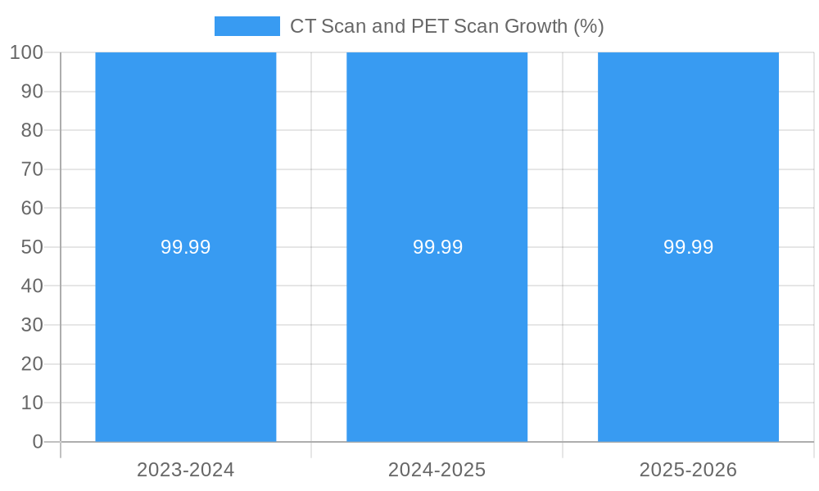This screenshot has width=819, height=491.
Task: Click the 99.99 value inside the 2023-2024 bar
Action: (186, 247)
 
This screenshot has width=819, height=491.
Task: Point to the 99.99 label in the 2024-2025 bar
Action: (437, 247)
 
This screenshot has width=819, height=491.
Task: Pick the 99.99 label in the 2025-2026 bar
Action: (688, 247)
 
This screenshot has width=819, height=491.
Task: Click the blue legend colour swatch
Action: (247, 26)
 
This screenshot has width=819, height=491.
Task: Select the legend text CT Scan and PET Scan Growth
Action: (446, 26)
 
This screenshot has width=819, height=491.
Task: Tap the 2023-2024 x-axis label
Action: (186, 470)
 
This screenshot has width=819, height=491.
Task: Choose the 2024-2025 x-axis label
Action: (437, 470)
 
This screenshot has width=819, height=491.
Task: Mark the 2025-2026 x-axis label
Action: (688, 470)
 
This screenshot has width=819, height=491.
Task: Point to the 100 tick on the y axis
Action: (26, 52)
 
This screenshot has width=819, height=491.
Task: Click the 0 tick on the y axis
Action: (38, 442)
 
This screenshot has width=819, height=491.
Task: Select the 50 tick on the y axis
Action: (32, 247)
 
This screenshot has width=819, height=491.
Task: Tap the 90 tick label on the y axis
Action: (32, 92)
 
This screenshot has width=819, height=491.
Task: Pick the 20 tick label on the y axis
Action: (32, 364)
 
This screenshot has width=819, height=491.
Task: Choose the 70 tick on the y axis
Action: (32, 169)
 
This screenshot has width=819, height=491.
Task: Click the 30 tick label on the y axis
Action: (32, 325)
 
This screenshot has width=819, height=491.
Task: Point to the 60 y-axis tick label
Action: (32, 208)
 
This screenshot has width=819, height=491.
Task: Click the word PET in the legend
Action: (430, 26)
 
